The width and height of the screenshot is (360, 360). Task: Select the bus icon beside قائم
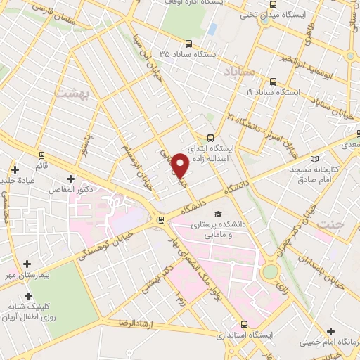tap(41, 155)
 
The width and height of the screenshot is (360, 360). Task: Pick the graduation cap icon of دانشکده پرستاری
tap(218, 214)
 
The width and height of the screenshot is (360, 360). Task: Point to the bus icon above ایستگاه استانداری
tap(244, 325)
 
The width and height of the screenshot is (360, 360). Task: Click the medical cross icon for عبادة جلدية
tap(14, 169)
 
